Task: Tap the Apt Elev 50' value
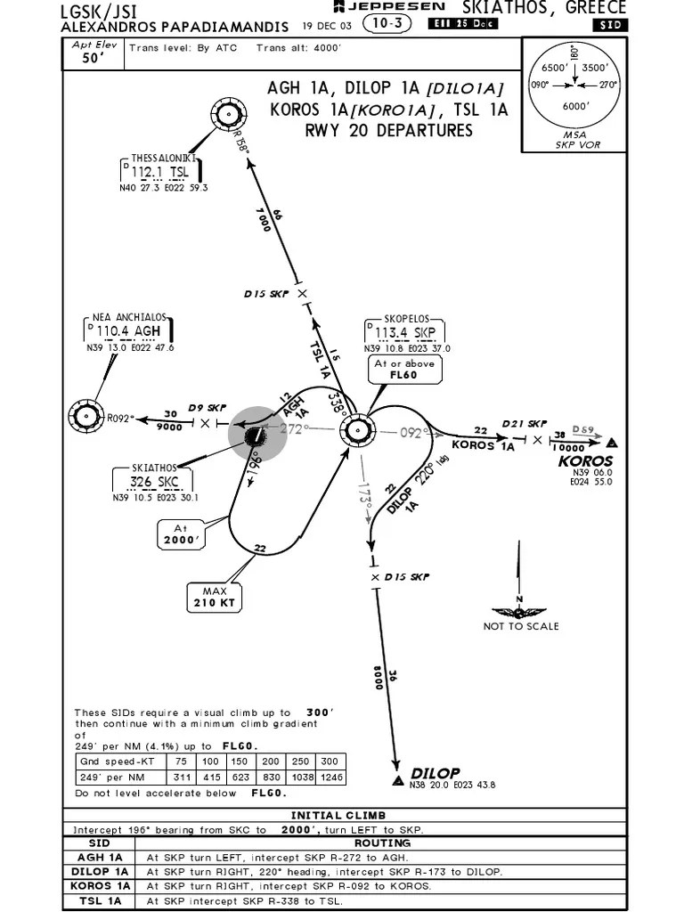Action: (x=94, y=59)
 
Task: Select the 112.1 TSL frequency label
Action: (x=160, y=172)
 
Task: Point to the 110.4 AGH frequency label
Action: (x=129, y=331)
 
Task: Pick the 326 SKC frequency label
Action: (x=154, y=482)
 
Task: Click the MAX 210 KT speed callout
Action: (x=215, y=598)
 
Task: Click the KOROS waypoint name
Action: (x=585, y=460)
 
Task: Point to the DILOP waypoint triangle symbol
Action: (x=397, y=780)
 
